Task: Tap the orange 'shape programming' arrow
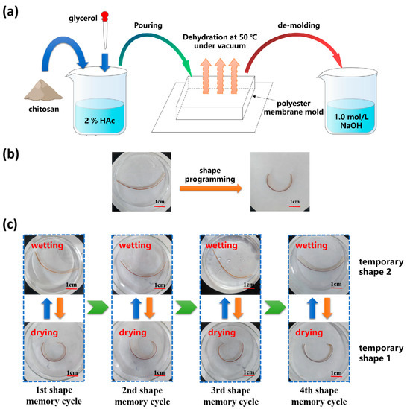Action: coord(210,189)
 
